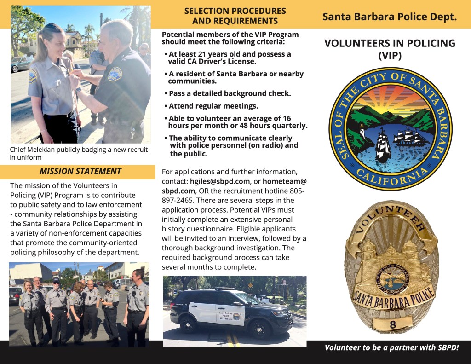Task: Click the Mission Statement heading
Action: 80,172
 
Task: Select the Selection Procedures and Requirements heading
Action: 235,16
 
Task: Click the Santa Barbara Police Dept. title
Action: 390,17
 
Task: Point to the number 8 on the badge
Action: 392,325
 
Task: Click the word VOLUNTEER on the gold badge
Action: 391,217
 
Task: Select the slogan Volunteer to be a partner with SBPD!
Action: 391,347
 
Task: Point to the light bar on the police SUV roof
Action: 225,289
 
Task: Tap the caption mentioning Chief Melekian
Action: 79,154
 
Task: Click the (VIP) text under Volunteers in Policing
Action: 390,56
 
